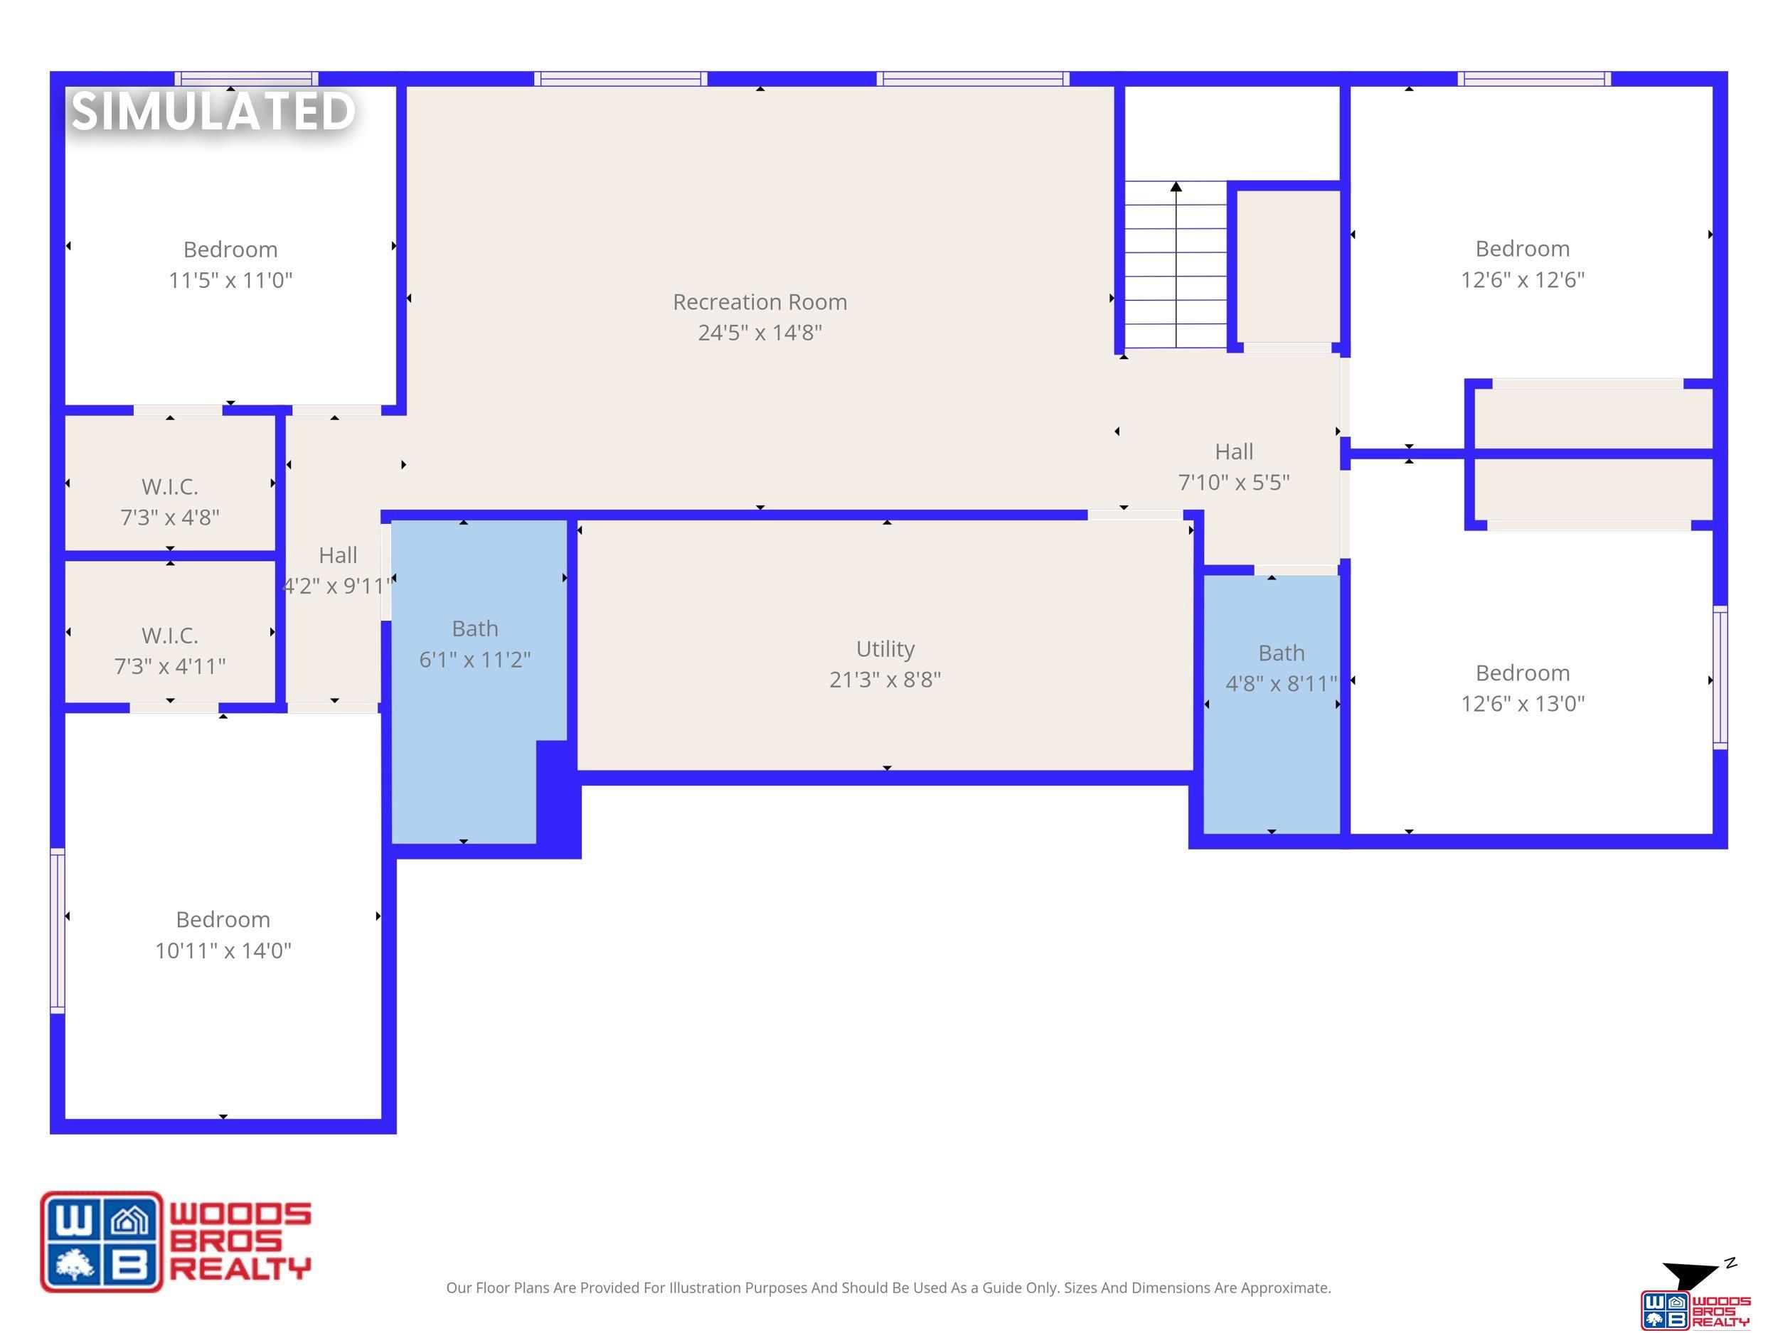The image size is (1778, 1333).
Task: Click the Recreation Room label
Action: click(x=760, y=302)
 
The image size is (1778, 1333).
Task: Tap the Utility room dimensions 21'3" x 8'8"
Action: click(x=885, y=680)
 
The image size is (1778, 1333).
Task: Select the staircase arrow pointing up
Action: click(x=1176, y=264)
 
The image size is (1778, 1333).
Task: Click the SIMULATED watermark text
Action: click(x=213, y=111)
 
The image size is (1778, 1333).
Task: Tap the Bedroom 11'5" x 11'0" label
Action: click(x=230, y=264)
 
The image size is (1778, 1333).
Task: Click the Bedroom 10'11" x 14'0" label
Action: click(x=223, y=934)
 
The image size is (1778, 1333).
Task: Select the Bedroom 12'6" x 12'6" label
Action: click(x=1523, y=264)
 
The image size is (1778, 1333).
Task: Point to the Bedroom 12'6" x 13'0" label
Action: click(x=1523, y=687)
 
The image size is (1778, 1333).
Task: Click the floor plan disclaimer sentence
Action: click(x=888, y=1288)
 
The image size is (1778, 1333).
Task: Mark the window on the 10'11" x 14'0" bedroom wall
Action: click(x=57, y=930)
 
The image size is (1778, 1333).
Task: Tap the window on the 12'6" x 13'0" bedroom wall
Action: click(x=1720, y=678)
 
